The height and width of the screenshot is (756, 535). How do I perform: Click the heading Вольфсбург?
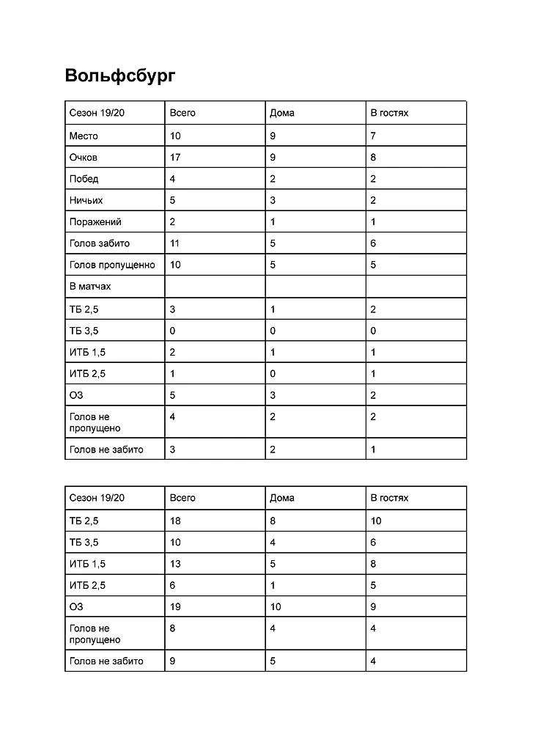click(120, 76)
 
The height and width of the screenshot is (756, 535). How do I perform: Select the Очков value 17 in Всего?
click(175, 157)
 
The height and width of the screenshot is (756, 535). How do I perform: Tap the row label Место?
click(84, 136)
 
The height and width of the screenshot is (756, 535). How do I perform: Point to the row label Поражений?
click(95, 221)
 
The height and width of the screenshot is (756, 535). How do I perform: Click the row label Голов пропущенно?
click(112, 265)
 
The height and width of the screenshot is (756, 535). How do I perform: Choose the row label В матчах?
click(90, 286)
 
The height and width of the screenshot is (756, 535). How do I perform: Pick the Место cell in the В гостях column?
click(373, 136)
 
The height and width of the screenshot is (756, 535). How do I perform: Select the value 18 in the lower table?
click(175, 521)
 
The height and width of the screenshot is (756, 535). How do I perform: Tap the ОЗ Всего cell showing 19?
click(175, 606)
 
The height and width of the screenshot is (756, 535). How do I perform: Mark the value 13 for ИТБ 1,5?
click(175, 564)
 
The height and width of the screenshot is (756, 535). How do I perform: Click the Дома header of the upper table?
click(282, 113)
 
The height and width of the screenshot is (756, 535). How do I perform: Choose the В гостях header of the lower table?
click(389, 498)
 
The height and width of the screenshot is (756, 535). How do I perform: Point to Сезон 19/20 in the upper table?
click(97, 113)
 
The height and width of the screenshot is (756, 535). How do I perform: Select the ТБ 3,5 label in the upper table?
click(84, 331)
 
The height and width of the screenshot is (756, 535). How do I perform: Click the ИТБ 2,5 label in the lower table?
click(87, 585)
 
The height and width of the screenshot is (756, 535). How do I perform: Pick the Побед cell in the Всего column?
click(173, 179)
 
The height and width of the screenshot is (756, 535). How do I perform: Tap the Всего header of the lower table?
click(182, 498)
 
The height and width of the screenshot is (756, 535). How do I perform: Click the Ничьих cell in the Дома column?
click(273, 200)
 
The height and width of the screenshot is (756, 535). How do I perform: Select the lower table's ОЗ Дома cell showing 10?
click(276, 606)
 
